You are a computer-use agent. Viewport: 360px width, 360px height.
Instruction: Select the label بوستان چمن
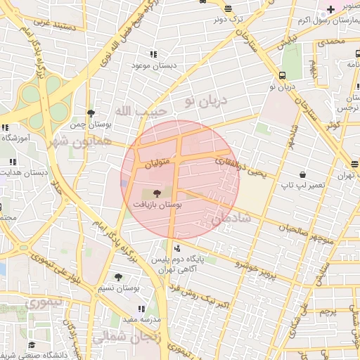pos(86,125)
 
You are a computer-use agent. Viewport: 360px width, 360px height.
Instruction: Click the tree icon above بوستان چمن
pos(90,113)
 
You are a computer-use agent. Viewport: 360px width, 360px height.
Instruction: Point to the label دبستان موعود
pos(152,65)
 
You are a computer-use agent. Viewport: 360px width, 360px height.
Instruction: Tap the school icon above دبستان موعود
pos(153,54)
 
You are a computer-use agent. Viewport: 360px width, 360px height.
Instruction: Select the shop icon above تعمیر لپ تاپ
pos(302,174)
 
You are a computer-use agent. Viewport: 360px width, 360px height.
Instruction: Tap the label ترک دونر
pos(228,19)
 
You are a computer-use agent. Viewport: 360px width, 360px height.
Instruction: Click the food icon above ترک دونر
pos(228,8)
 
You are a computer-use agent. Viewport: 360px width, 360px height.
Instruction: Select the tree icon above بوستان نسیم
pos(117,277)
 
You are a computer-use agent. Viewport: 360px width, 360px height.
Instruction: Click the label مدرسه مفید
pos(140,319)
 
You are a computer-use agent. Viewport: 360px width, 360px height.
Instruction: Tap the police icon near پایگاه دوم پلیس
pos(176,247)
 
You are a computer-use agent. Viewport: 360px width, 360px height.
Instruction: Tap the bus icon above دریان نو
pos(282,75)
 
